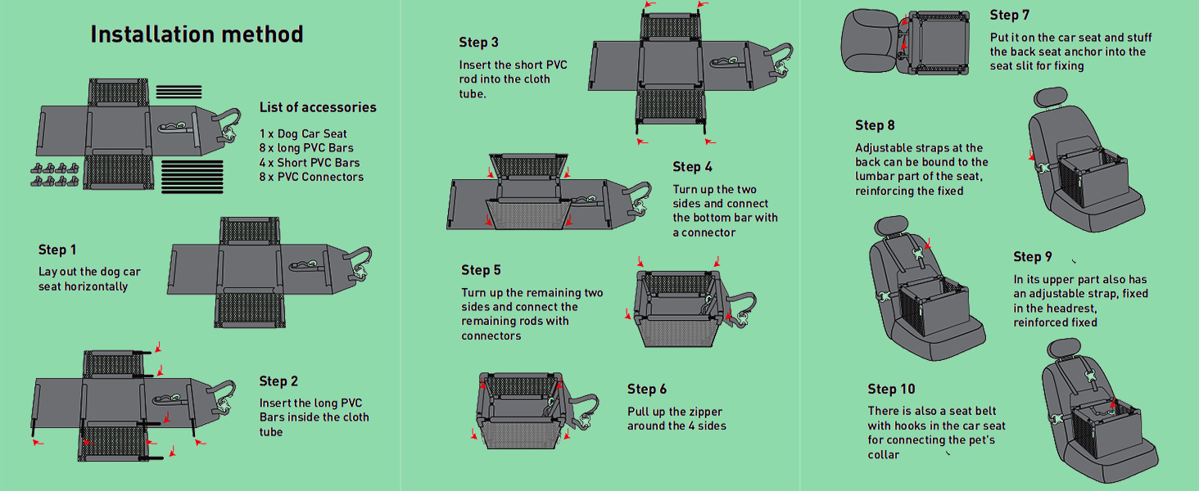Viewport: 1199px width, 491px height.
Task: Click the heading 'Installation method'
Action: (x=197, y=34)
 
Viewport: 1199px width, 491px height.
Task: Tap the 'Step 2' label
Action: (x=278, y=381)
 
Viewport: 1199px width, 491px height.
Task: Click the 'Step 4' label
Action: (x=693, y=167)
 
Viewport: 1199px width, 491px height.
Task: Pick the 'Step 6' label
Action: (x=647, y=390)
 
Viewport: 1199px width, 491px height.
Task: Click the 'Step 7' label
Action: (x=1010, y=15)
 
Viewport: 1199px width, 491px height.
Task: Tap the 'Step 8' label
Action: (x=875, y=125)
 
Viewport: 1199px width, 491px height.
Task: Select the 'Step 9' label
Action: (x=1033, y=257)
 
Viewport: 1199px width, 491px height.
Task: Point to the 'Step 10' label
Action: (x=892, y=390)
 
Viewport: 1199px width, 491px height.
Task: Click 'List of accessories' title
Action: (x=318, y=107)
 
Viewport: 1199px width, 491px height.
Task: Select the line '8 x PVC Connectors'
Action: (x=311, y=177)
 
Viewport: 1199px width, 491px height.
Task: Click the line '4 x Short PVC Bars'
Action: (x=310, y=163)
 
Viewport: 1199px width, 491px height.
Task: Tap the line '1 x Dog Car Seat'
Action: (x=303, y=134)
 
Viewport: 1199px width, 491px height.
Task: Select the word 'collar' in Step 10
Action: (x=884, y=455)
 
